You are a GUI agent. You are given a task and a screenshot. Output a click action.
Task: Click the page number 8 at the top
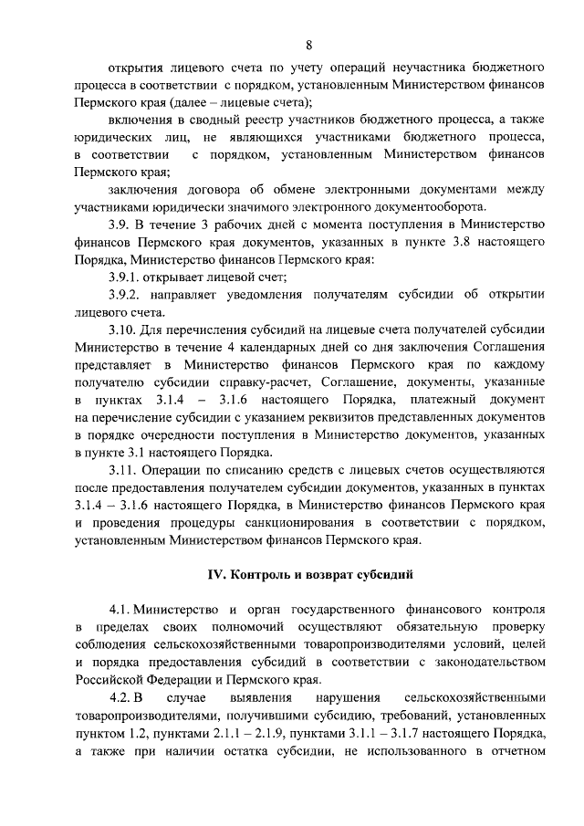click(309, 44)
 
